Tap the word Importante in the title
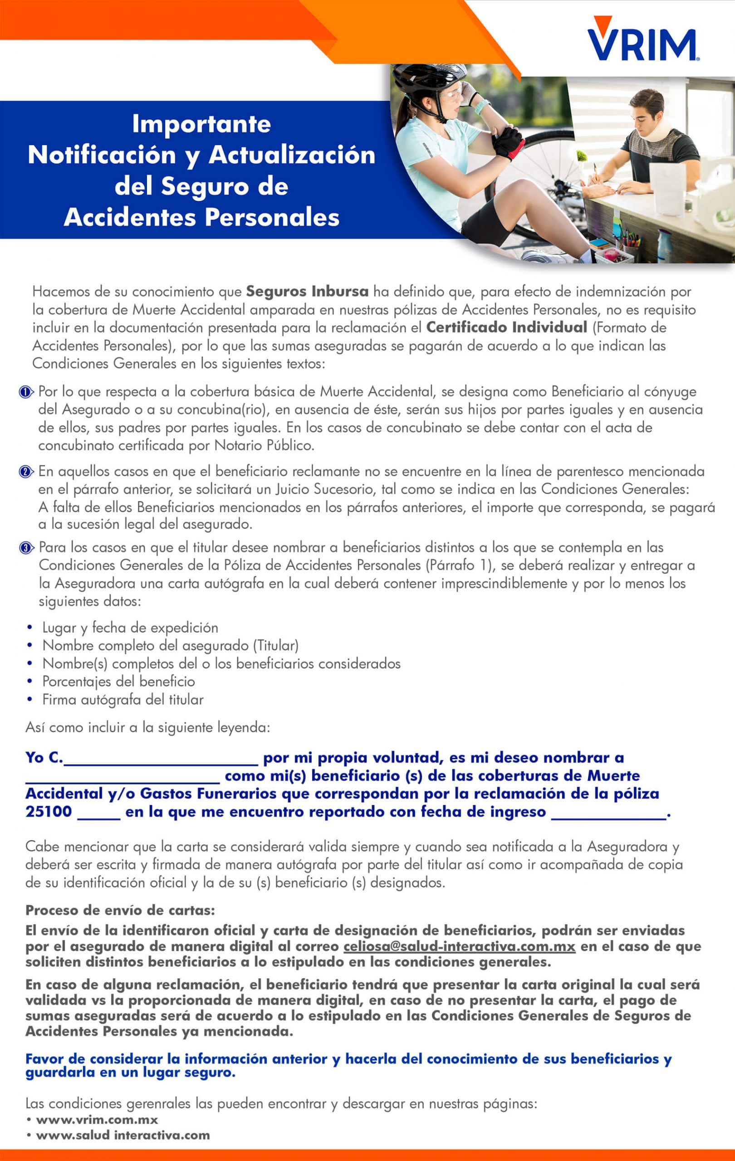(x=201, y=124)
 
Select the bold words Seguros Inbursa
(x=307, y=292)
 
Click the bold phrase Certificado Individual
(x=506, y=328)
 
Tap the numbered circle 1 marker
(x=25, y=392)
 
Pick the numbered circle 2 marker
(x=25, y=472)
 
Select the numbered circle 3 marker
(x=25, y=548)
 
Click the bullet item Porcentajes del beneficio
(x=118, y=682)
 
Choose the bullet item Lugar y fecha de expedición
(x=130, y=628)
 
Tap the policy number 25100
(x=48, y=812)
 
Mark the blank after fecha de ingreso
(x=608, y=813)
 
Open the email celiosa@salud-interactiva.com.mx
(x=459, y=946)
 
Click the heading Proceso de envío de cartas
(x=120, y=911)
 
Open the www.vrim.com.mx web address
(x=97, y=1120)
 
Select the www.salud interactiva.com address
(x=122, y=1135)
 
